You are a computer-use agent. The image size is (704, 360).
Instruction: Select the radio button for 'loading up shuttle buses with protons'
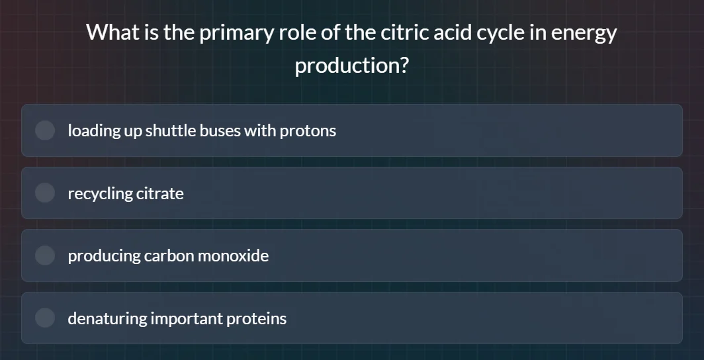pyautogui.click(x=45, y=130)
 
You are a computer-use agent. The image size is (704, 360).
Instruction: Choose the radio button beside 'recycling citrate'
pyautogui.click(x=45, y=193)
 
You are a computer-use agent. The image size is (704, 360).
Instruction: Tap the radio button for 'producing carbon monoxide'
pyautogui.click(x=45, y=255)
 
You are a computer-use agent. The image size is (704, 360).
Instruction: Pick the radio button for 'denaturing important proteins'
pyautogui.click(x=45, y=318)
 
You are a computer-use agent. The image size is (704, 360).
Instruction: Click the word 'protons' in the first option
pyautogui.click(x=308, y=130)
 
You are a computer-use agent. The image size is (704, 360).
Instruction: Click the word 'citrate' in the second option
pyautogui.click(x=159, y=193)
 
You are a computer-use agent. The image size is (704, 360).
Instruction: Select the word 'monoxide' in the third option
pyautogui.click(x=235, y=255)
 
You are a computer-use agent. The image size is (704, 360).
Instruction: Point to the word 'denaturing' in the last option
pyautogui.click(x=107, y=318)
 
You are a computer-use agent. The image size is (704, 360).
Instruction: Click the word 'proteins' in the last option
pyautogui.click(x=257, y=318)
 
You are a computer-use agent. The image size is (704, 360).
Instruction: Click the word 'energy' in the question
pyautogui.click(x=584, y=32)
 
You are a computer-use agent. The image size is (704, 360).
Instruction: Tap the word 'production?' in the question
pyautogui.click(x=351, y=66)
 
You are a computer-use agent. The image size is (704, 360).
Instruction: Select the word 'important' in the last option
pyautogui.click(x=187, y=318)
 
